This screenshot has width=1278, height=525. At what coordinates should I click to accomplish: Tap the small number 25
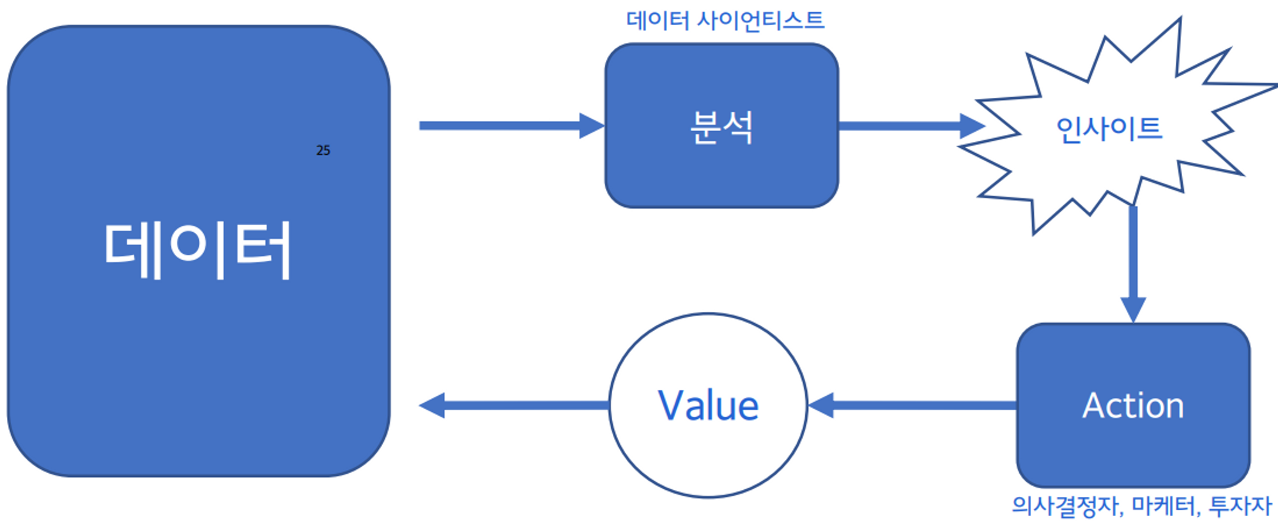coord(323,150)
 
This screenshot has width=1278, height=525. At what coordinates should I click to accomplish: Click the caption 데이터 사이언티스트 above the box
coord(725,20)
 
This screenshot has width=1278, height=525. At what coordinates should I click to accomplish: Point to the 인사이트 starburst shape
coord(1109,128)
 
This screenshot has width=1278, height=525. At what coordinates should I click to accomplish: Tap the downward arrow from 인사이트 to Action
coord(1133,256)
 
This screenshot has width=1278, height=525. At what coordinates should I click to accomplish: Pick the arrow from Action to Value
coord(920,405)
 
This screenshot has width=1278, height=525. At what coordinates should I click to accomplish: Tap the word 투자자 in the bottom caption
coord(1240,506)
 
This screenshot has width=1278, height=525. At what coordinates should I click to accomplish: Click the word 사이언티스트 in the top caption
coord(760,20)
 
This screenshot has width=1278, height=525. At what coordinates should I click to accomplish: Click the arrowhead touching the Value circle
coord(822,405)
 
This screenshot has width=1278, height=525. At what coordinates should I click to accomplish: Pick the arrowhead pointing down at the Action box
coord(1133,310)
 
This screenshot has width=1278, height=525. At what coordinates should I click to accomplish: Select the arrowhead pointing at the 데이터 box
coord(433,405)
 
